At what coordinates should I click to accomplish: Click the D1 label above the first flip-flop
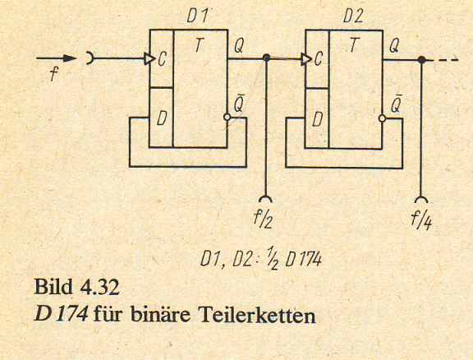[x=198, y=16]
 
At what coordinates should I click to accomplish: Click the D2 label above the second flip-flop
[x=353, y=16]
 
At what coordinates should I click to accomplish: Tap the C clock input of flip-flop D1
[x=162, y=59]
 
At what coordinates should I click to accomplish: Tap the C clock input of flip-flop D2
[x=319, y=58]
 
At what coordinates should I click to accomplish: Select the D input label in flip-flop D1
[x=162, y=119]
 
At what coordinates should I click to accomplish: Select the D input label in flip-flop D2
[x=317, y=120]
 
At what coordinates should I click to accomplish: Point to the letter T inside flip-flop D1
[x=199, y=45]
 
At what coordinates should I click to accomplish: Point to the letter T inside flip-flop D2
[x=355, y=45]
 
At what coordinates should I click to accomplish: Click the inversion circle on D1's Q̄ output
[x=227, y=118]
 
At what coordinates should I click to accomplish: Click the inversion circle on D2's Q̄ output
[x=383, y=118]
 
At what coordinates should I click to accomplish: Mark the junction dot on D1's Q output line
[x=266, y=58]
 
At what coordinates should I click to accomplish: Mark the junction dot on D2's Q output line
[x=422, y=60]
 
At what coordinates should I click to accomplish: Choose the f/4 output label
[x=421, y=219]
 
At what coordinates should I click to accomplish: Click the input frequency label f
[x=53, y=73]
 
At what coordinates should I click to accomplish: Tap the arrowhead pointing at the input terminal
[x=70, y=58]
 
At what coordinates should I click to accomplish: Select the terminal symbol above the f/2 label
[x=265, y=199]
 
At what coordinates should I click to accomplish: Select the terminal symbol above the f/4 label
[x=421, y=200]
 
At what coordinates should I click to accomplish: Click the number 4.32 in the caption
[x=100, y=287]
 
